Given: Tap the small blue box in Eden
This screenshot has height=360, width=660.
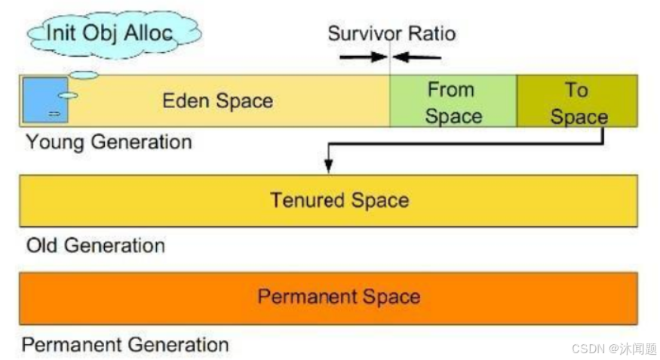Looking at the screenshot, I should (45, 100).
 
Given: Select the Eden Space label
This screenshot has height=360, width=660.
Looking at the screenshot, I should (217, 100).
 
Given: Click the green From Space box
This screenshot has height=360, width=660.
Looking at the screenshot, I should (453, 101).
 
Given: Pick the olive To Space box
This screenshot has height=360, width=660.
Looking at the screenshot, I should (577, 101).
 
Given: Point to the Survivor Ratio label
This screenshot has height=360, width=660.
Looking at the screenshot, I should (391, 34).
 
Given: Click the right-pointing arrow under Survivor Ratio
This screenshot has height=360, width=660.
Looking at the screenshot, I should (362, 57).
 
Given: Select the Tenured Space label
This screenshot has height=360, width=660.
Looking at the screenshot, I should (339, 201).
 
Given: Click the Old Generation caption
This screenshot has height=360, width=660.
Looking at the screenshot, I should (95, 245).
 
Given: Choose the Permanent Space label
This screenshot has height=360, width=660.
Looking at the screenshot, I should (338, 296).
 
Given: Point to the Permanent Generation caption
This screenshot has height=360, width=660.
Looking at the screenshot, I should (124, 345).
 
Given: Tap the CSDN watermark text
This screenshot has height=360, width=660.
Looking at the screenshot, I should (613, 349).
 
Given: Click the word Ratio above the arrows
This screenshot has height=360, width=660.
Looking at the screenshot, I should (431, 34).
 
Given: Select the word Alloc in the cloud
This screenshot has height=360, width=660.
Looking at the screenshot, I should (151, 32).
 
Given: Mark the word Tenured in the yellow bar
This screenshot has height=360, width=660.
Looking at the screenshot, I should (302, 201).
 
